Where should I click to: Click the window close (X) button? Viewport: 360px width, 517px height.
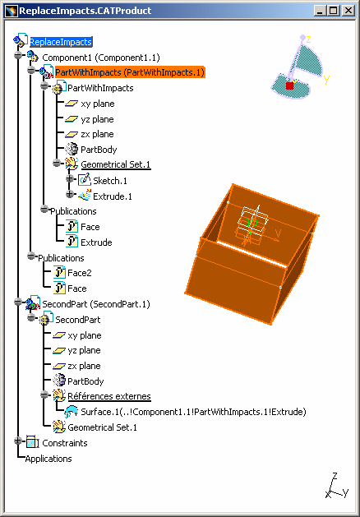click(x=348, y=11)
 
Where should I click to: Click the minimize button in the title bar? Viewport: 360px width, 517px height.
click(x=320, y=11)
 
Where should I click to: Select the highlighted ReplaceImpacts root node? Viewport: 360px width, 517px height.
click(x=61, y=42)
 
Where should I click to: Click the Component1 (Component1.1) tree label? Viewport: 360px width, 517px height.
click(x=101, y=58)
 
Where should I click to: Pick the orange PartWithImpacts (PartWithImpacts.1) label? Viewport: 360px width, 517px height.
click(x=130, y=72)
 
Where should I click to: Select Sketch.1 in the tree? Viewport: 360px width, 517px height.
click(x=110, y=181)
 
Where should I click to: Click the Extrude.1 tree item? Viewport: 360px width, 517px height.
click(x=113, y=196)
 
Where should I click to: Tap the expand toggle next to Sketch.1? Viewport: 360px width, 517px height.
click(x=70, y=178)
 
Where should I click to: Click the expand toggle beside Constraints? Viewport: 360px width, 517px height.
click(x=18, y=441)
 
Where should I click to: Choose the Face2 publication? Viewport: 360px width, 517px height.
click(x=80, y=273)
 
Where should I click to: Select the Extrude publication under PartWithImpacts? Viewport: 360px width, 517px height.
click(x=96, y=242)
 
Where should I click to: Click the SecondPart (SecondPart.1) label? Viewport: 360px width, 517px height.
click(x=96, y=304)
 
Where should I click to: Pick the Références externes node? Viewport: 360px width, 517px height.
click(x=109, y=396)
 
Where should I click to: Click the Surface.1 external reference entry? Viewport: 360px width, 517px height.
click(x=194, y=412)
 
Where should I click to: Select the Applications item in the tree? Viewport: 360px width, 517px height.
click(x=48, y=459)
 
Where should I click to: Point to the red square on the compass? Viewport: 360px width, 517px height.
click(x=289, y=85)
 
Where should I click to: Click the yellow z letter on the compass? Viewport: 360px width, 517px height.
click(x=309, y=39)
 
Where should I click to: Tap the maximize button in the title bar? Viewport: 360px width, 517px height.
click(x=334, y=11)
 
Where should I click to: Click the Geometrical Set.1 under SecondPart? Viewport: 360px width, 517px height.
click(x=102, y=427)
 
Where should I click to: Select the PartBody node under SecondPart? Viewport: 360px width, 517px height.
click(x=85, y=381)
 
